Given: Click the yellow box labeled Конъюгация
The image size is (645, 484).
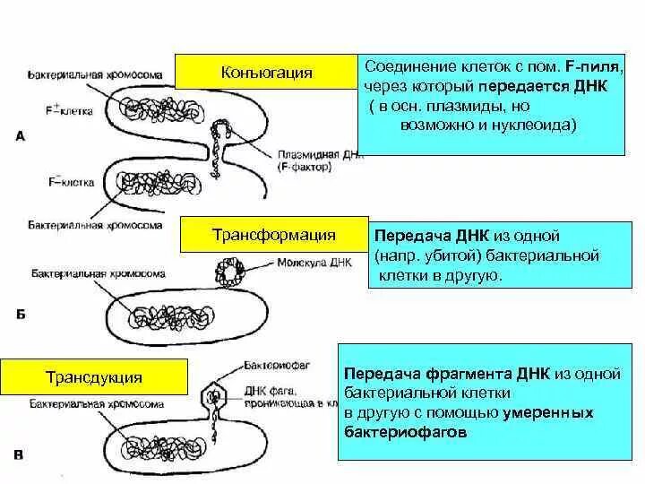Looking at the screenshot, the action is click(x=266, y=72).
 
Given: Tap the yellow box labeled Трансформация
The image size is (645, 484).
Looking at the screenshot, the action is click(x=273, y=235).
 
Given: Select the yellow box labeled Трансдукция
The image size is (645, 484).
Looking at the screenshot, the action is click(x=94, y=377).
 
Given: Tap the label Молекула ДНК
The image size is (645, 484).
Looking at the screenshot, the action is click(x=304, y=264).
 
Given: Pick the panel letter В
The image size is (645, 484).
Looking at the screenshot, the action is click(x=21, y=455).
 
